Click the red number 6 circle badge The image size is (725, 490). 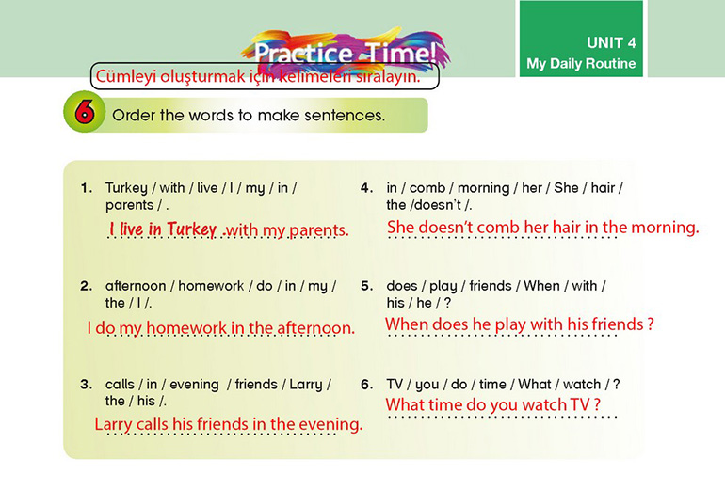tap(84, 111)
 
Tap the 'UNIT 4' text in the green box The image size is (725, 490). tap(611, 43)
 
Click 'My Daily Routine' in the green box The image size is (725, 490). tap(581, 63)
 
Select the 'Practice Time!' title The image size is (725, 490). tap(345, 52)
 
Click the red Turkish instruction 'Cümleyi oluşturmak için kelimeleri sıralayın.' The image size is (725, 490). tap(258, 76)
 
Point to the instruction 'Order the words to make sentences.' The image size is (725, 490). tap(249, 115)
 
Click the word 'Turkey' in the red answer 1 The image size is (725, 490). tap(191, 229)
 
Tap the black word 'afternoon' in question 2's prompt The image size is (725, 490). tap(136, 286)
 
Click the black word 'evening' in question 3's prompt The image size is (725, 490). tap(194, 385)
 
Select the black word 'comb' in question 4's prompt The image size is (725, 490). tap(427, 188)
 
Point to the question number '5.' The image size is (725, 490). tap(366, 286)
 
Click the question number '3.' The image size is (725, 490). tap(86, 385)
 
